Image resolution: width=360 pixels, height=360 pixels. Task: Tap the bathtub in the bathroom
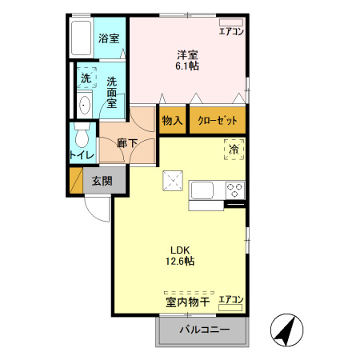tap(82, 38)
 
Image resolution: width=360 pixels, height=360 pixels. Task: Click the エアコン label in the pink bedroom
tap(231, 32)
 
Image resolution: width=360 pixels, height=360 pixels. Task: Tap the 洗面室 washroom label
tap(112, 92)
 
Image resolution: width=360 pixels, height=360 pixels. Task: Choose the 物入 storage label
tap(172, 121)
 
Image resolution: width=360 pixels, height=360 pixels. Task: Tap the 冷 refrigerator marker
tap(234, 150)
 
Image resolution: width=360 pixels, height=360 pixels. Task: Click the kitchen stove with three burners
tap(235, 190)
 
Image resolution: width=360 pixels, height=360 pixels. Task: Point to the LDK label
tap(178, 248)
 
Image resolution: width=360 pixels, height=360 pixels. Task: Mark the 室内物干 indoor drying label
tap(188, 302)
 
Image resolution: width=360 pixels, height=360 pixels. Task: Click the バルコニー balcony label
tap(204, 330)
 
